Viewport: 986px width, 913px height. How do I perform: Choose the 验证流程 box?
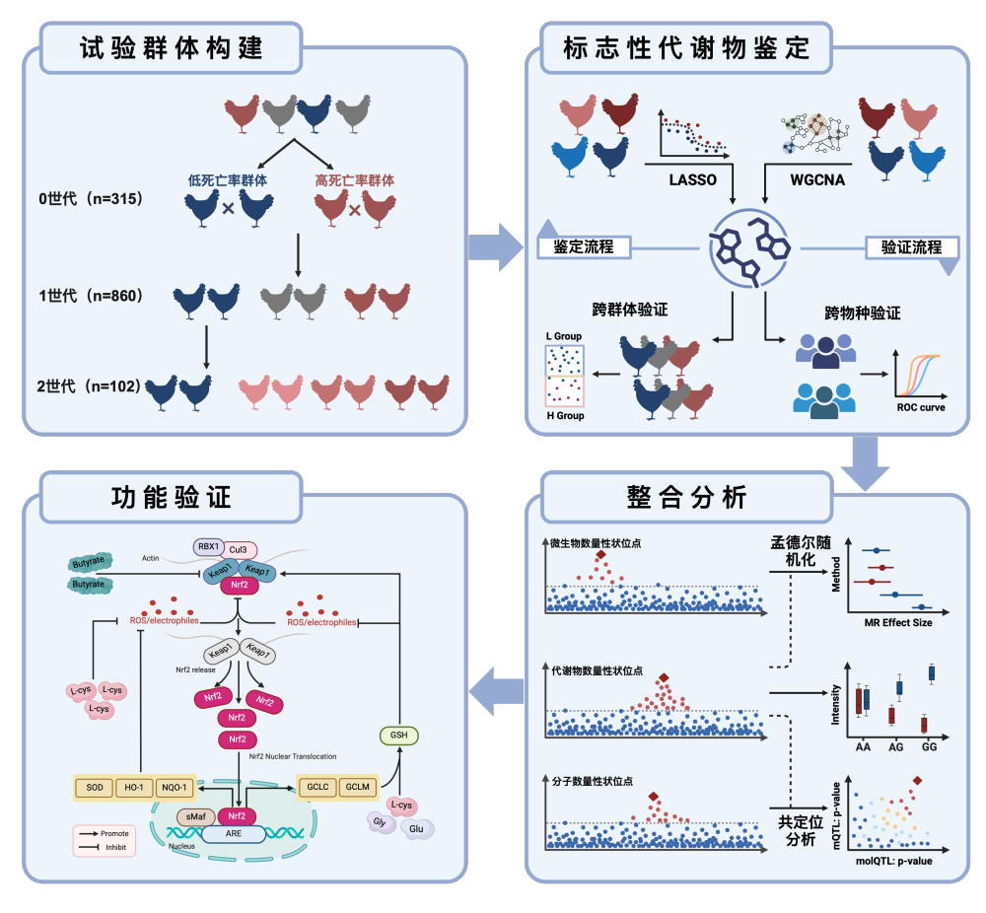[903, 247]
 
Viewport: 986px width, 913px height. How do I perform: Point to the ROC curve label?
[919, 407]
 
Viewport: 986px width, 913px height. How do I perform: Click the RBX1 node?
[208, 546]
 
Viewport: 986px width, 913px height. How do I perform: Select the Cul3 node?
[240, 549]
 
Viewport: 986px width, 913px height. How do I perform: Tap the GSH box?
[398, 735]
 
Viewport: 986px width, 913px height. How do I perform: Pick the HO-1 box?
[139, 788]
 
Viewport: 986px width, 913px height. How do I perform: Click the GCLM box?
[358, 787]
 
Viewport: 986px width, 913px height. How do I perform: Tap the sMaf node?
[191, 816]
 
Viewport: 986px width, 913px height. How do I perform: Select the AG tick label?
[896, 746]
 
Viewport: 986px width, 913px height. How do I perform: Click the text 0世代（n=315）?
[92, 198]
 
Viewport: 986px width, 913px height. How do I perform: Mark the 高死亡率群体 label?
[354, 180]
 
